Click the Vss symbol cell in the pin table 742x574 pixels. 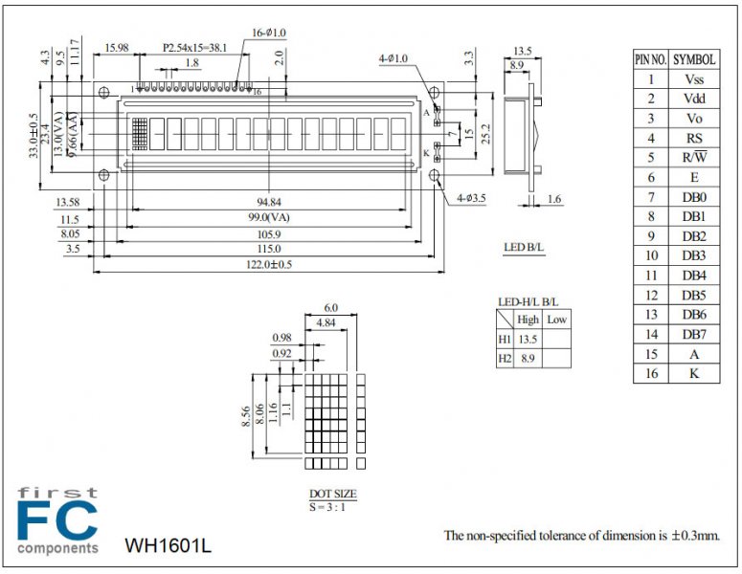(x=694, y=79)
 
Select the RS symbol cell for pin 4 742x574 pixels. (x=694, y=138)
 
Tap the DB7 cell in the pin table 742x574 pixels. (x=694, y=334)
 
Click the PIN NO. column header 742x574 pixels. (x=650, y=59)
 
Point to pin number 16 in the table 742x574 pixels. (x=650, y=373)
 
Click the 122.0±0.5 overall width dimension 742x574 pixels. (x=269, y=265)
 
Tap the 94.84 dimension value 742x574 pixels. (x=269, y=202)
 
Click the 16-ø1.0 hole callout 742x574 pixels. (x=271, y=32)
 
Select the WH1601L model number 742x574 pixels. (x=168, y=546)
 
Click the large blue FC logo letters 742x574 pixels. (x=57, y=521)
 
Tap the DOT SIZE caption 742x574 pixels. (x=332, y=494)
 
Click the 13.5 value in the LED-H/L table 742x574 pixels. (x=528, y=339)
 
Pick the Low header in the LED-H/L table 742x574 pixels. (x=556, y=319)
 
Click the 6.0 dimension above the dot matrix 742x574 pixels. (x=331, y=308)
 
